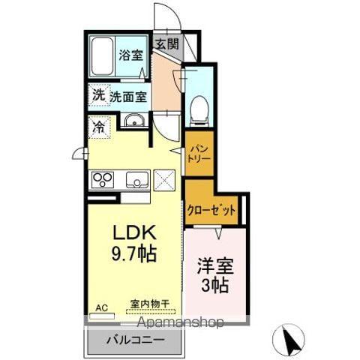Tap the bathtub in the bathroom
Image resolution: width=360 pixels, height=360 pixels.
point(103,57)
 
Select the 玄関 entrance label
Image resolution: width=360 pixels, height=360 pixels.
point(166,43)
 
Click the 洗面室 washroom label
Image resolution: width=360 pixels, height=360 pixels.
point(128,96)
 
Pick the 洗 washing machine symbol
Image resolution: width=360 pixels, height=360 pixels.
point(97,95)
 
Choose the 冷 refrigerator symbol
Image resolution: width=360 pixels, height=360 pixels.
point(97,127)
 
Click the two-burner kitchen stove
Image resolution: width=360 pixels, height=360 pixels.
point(103,180)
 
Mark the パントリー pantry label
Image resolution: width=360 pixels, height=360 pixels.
point(199,154)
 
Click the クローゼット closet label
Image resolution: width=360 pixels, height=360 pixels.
point(211,211)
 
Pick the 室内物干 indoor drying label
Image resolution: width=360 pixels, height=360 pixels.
point(150,304)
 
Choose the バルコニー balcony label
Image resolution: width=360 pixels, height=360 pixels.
point(135,337)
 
